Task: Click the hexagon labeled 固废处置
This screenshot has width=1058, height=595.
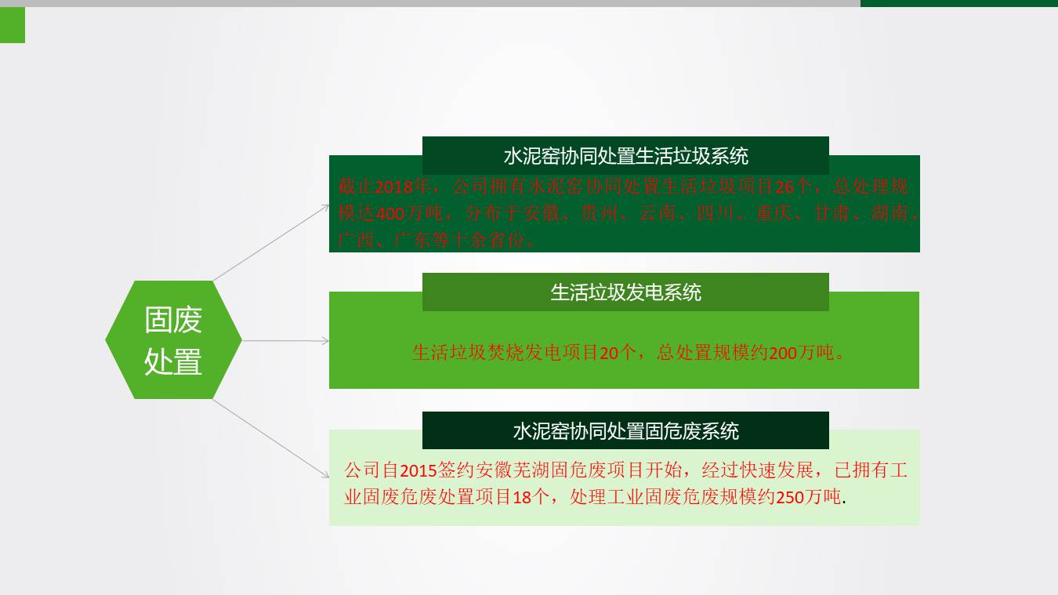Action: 173,340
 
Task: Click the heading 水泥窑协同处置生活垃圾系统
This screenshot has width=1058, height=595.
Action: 625,156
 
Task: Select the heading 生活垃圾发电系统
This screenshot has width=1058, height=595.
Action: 625,292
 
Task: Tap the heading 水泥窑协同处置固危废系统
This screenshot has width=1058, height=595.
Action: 625,430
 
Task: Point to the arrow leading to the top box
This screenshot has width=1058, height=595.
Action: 271,242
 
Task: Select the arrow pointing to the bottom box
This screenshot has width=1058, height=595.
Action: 271,438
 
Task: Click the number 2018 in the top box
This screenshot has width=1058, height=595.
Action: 393,187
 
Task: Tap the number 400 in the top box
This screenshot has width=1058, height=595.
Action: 390,213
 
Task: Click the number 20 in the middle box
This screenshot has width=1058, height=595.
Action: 609,353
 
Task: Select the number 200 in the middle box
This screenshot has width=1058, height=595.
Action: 783,353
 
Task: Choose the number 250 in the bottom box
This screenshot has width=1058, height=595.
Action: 790,497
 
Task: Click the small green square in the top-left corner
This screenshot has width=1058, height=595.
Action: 13,25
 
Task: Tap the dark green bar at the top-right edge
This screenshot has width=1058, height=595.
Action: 958,3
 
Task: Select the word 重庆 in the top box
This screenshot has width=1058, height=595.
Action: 773,213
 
